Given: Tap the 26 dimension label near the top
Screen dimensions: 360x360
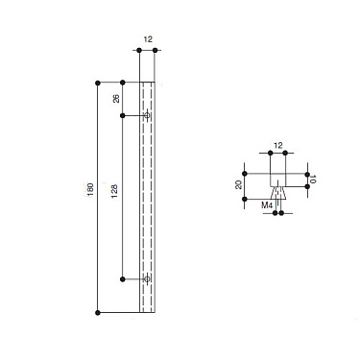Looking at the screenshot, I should (115, 98).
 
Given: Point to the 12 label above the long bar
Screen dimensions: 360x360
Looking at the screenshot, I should (148, 40).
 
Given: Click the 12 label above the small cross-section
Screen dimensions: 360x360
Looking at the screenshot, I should (277, 144).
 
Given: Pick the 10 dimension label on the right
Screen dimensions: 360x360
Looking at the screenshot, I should (315, 179).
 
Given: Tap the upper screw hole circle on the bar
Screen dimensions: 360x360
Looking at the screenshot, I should (147, 116).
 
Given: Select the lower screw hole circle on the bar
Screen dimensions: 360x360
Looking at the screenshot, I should (147, 279).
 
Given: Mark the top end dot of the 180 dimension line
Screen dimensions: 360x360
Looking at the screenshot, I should (99, 83).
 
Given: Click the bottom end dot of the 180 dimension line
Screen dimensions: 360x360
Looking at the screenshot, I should (99, 313).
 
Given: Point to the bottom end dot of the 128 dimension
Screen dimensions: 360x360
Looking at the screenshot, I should (124, 279).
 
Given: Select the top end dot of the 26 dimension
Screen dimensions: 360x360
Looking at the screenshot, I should (124, 83).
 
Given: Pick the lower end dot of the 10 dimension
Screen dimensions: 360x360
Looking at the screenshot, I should (307, 185).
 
